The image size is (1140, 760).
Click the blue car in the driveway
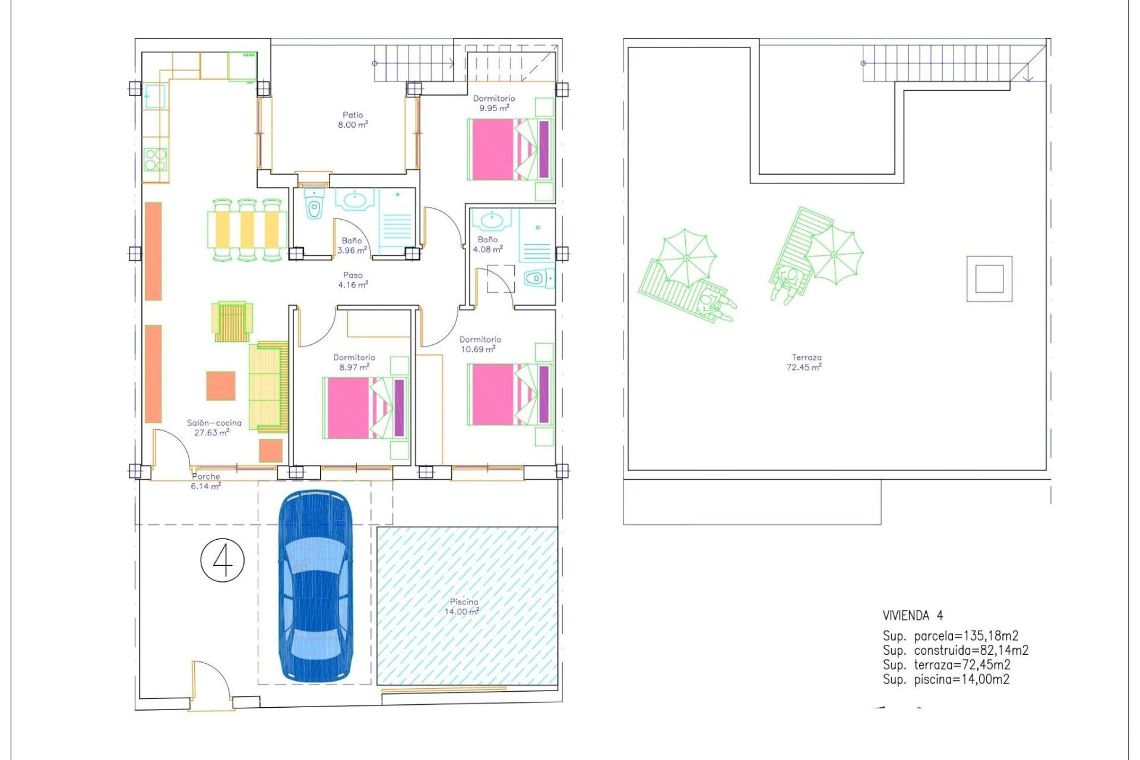point(315,586)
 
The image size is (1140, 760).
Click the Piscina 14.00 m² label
point(463,607)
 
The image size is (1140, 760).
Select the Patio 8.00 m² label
point(353,120)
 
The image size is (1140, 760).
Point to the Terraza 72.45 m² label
point(805,362)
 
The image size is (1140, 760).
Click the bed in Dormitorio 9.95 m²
point(509,150)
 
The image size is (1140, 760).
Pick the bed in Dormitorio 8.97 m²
point(365,408)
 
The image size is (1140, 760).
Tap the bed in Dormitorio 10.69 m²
point(509,395)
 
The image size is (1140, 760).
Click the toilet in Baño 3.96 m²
point(314,208)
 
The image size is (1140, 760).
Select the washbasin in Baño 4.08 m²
point(491,220)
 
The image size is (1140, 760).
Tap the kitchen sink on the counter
point(154,96)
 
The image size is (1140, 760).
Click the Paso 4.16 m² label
point(353,280)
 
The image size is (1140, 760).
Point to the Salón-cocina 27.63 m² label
point(214,427)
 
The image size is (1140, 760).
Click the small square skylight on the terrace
point(989,279)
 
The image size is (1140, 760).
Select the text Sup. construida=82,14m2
point(955,651)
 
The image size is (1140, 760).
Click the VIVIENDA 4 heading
point(912,616)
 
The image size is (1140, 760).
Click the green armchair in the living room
point(232,321)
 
